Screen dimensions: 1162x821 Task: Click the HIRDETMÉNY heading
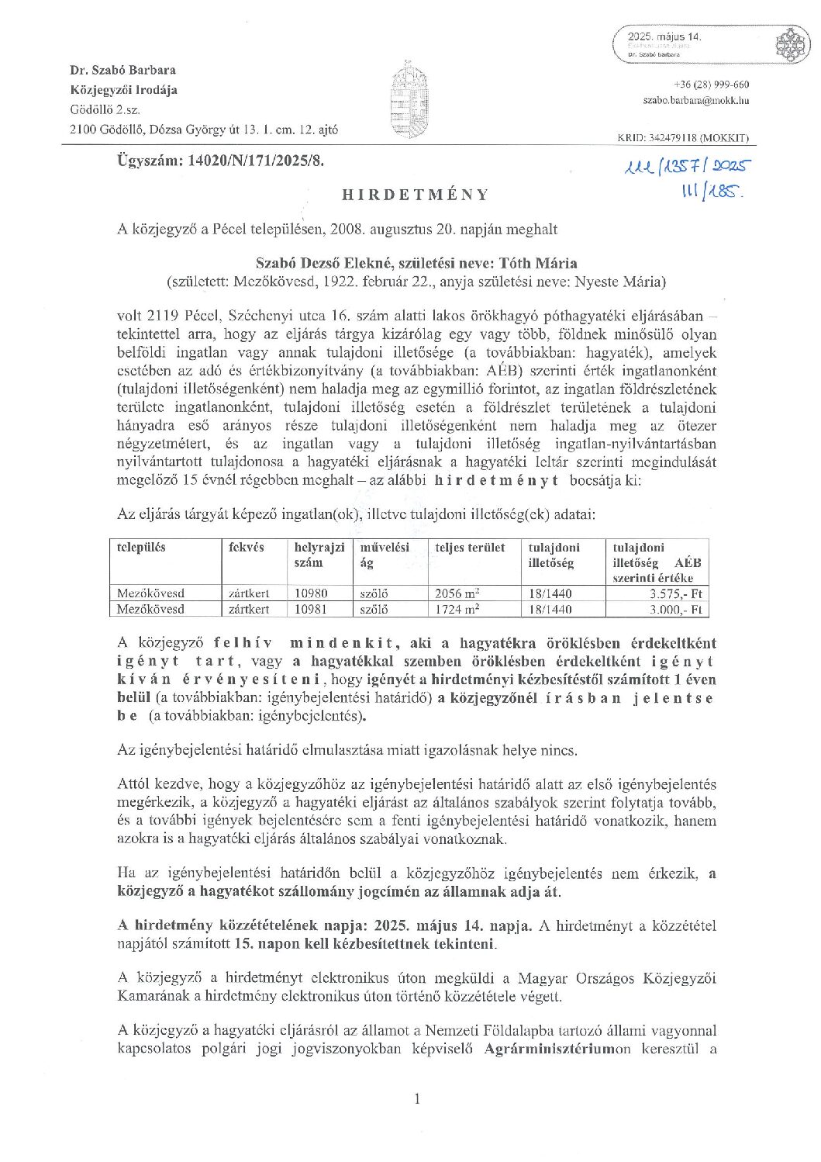tap(416, 195)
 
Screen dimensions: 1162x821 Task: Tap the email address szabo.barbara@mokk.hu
tap(695, 100)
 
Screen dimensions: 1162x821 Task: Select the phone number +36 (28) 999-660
tap(711, 84)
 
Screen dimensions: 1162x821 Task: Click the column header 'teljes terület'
tap(470, 548)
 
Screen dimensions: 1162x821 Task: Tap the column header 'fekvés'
tap(247, 548)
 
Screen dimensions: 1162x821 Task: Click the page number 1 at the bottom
tap(416, 1098)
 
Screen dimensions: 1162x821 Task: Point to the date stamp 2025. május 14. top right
tap(664, 36)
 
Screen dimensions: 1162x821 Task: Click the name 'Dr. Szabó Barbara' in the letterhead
tap(122, 71)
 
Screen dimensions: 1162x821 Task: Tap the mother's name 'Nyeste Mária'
tap(619, 282)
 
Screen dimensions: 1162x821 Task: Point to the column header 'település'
tap(141, 548)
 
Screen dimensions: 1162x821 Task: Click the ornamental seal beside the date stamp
tap(792, 44)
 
